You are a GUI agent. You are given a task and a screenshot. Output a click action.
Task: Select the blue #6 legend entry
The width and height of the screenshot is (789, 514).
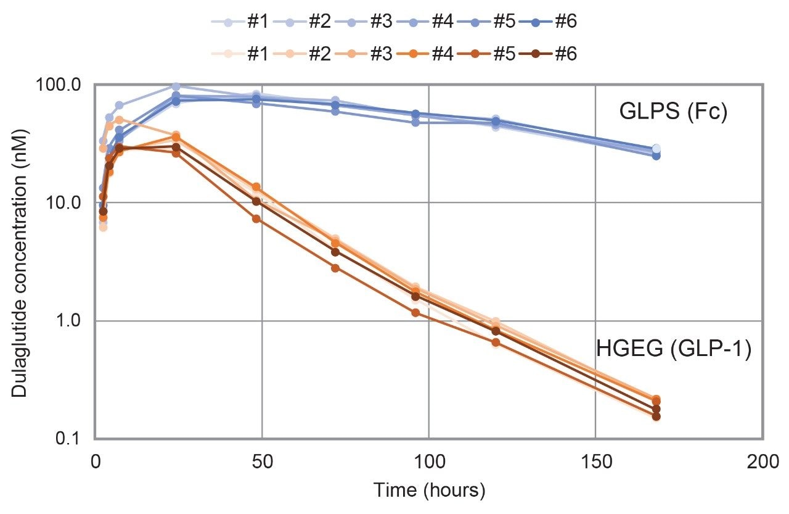[x=549, y=22]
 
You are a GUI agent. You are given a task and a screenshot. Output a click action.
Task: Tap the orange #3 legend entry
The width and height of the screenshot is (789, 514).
[x=364, y=54]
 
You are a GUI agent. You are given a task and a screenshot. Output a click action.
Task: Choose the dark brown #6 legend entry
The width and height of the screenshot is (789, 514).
[x=549, y=54]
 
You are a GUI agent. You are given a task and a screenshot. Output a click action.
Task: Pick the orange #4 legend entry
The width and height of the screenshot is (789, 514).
[x=425, y=54]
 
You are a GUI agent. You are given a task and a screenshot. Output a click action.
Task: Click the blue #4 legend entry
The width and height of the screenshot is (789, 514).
[x=425, y=22]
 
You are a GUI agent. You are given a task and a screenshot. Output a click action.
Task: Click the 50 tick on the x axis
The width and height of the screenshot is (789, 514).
[x=262, y=462]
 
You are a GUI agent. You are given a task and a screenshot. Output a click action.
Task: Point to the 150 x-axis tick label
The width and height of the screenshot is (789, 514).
[x=595, y=462]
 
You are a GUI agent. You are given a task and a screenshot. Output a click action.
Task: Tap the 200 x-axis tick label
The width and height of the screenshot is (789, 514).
[x=762, y=462]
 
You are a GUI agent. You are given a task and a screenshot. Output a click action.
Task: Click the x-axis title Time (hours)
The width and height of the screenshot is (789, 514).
[x=429, y=491]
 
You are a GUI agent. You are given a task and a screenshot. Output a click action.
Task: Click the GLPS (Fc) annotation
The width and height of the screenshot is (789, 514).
[x=674, y=112]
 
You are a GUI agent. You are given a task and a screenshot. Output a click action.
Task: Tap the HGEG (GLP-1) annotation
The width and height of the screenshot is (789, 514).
[x=674, y=349]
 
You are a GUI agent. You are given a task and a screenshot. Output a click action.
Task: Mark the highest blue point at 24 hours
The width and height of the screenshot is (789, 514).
[x=176, y=86]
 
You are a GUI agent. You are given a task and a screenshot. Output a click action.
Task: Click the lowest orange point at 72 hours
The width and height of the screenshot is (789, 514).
[x=335, y=268]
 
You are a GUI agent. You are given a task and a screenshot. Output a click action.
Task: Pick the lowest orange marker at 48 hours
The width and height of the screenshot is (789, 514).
[x=257, y=218]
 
